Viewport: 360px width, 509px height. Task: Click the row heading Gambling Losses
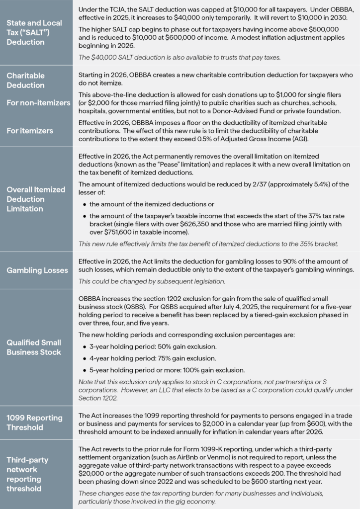37,270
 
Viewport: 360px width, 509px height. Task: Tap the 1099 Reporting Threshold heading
34,423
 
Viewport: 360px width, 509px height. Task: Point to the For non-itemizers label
38,103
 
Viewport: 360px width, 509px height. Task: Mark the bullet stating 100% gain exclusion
167,370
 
